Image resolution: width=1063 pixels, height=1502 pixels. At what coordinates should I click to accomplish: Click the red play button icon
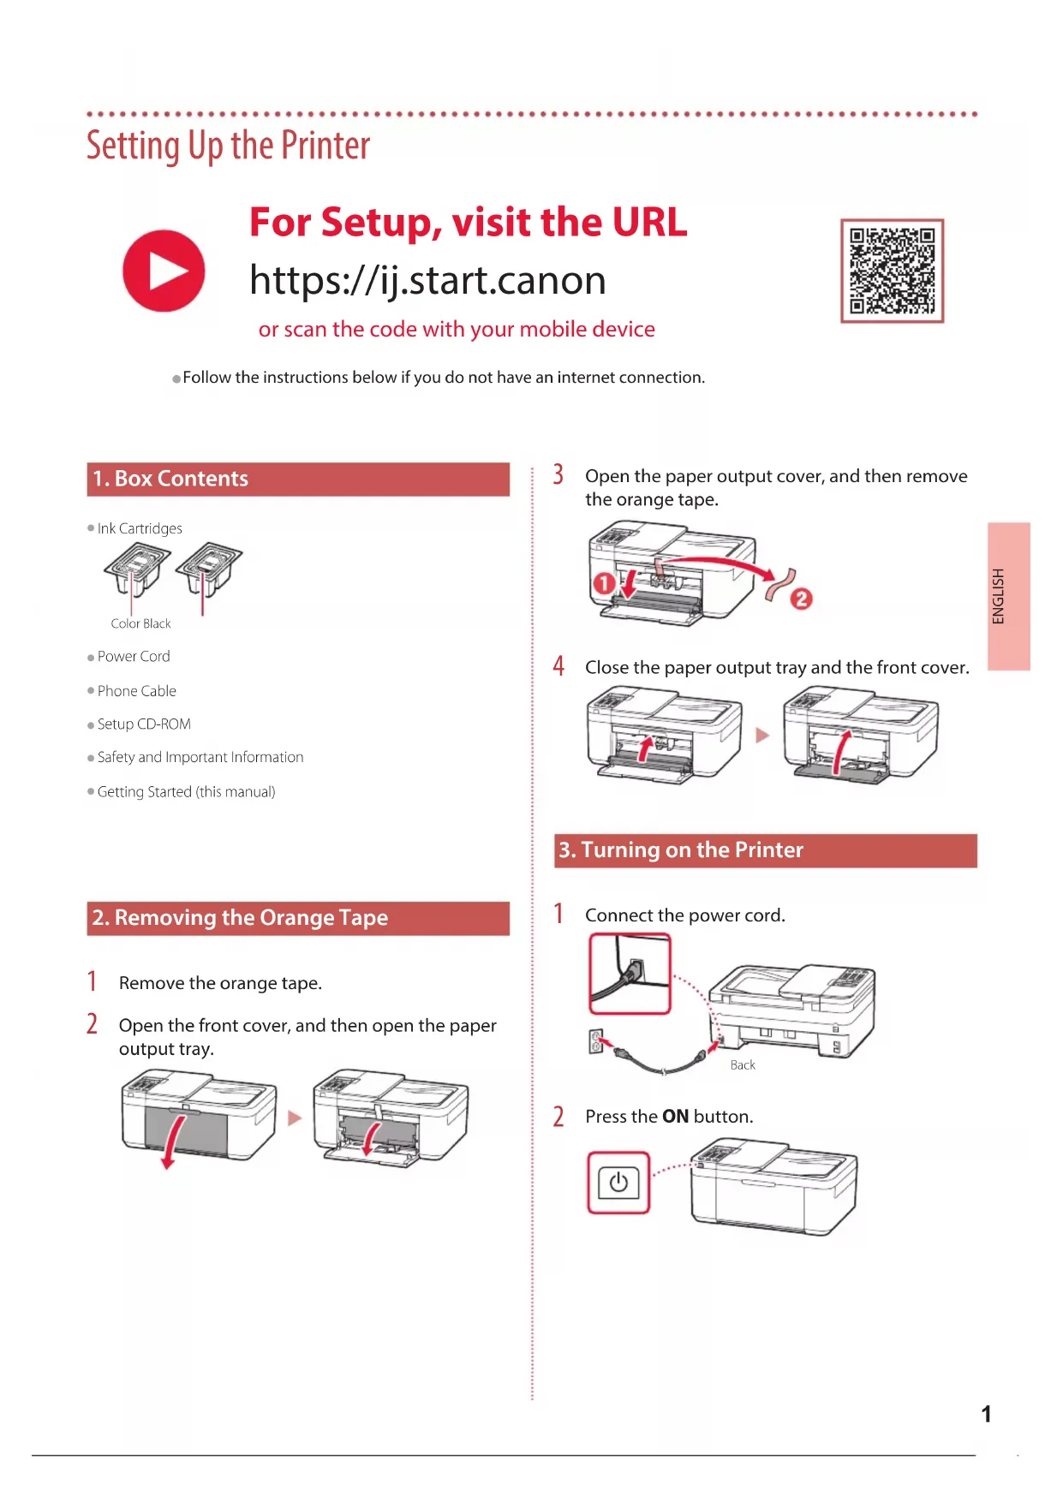tap(164, 271)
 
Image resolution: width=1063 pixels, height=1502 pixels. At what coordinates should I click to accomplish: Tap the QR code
tap(892, 271)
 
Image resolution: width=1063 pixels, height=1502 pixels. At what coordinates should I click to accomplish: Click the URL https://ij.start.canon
tap(427, 281)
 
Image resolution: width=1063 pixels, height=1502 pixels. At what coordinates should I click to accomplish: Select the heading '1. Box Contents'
tap(170, 479)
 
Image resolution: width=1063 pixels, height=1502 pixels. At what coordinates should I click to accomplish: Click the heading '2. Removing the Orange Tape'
tap(240, 918)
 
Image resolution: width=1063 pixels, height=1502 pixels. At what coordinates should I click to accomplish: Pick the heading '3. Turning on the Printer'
tap(681, 850)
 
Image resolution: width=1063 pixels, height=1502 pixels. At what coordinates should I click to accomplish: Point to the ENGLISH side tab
tap(1007, 596)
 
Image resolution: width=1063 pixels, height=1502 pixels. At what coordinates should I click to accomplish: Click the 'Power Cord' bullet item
tap(134, 657)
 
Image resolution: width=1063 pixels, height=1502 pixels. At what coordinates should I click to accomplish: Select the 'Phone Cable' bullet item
tap(137, 691)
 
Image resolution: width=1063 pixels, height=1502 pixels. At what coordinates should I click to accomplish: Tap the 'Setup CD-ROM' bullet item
tap(144, 724)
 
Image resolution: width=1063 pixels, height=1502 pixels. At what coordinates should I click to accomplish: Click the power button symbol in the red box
tap(618, 1183)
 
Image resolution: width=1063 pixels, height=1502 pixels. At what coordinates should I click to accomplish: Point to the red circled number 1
tap(604, 584)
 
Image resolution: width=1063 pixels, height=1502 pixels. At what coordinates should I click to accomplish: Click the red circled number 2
tap(801, 599)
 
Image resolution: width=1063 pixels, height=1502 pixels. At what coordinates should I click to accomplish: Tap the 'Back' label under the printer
tap(743, 1065)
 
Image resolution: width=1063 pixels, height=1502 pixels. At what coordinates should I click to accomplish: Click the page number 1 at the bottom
tap(986, 1414)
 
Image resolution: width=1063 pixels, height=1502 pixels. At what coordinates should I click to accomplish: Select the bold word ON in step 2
tap(675, 1117)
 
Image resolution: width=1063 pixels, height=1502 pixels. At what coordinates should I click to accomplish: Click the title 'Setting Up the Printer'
tap(228, 146)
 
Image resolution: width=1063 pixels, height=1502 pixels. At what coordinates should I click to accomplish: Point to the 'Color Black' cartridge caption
tap(140, 624)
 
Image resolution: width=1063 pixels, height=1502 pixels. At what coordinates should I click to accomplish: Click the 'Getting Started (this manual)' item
tap(186, 792)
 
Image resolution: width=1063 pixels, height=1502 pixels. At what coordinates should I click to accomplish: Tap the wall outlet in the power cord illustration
tap(596, 1041)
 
